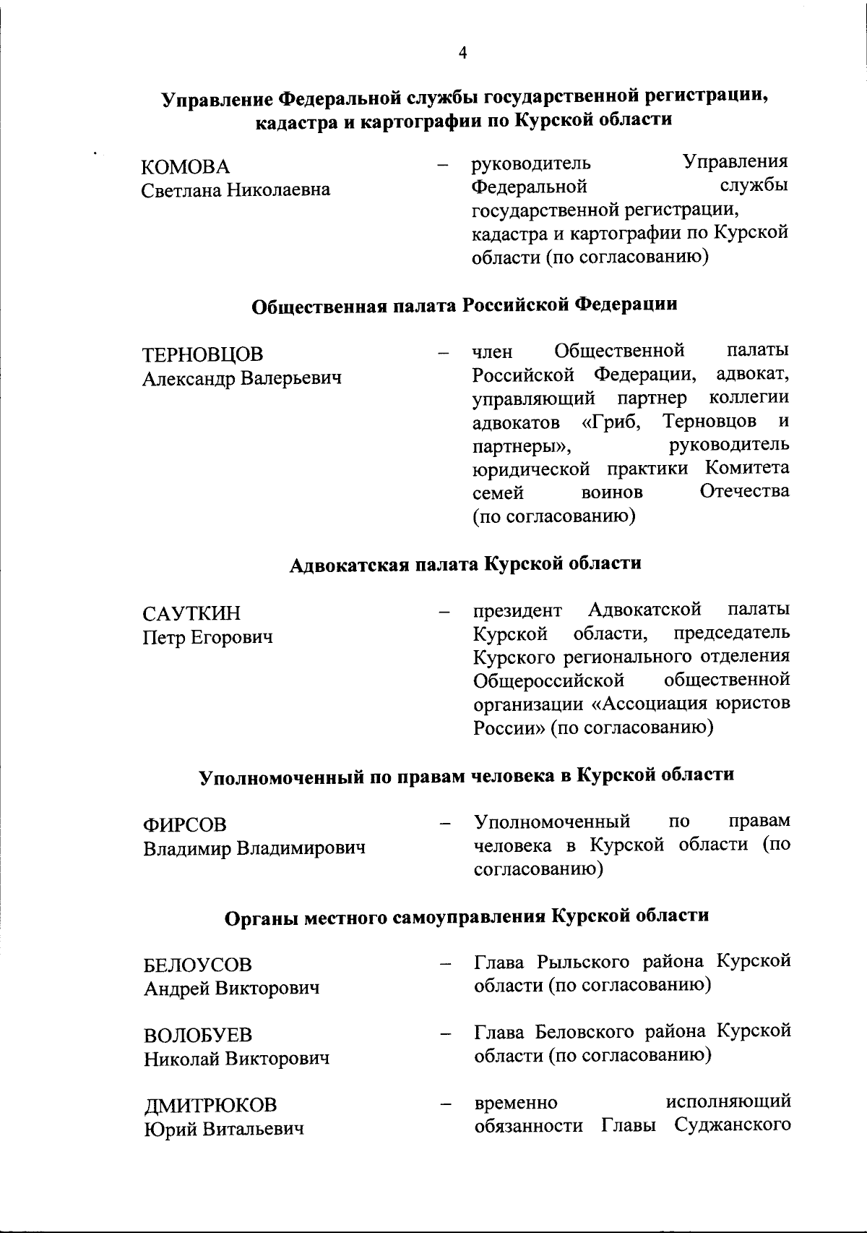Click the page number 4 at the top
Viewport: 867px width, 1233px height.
click(462, 52)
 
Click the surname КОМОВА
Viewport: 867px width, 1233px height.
click(186, 167)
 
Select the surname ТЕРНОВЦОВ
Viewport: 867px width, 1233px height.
click(202, 354)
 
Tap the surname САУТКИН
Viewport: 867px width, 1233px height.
click(191, 614)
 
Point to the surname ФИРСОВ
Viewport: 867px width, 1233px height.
click(185, 824)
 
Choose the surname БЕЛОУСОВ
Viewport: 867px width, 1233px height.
click(198, 965)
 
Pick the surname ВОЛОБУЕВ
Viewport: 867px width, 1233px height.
click(198, 1035)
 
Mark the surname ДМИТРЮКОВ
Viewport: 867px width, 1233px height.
click(210, 1105)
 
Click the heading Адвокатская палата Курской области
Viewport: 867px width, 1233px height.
click(465, 563)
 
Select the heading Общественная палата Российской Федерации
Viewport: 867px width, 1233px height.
click(465, 304)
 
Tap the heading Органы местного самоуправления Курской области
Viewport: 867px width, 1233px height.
click(467, 916)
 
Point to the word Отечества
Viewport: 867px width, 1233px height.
click(745, 491)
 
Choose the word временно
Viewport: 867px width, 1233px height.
click(516, 1102)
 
